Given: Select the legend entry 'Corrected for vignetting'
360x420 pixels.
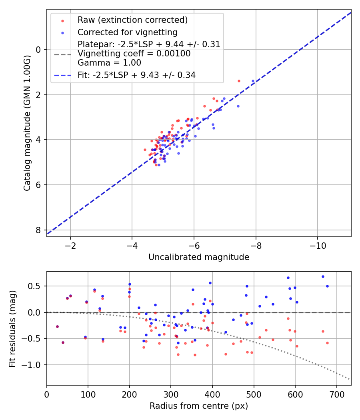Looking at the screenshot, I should (x=127, y=32).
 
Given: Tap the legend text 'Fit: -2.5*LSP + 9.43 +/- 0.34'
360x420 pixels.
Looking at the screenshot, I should (x=136, y=75).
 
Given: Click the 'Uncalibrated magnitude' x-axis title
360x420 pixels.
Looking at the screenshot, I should (x=199, y=257).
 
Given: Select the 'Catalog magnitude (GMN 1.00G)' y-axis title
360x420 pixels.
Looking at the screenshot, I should (x=27, y=123).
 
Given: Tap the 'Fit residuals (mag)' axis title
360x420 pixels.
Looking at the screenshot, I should (x=12, y=328).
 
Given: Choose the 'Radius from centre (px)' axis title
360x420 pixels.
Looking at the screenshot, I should (x=199, y=406).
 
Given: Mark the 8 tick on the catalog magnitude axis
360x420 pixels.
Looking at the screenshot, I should (x=39, y=230).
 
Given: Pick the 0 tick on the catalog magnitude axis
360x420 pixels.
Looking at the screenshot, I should (x=39, y=50).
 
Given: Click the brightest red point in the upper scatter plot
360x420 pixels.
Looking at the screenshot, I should (x=239, y=81).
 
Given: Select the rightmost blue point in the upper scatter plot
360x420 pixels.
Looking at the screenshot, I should (x=253, y=81).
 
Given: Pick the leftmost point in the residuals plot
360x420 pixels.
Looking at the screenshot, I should (x=57, y=326).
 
